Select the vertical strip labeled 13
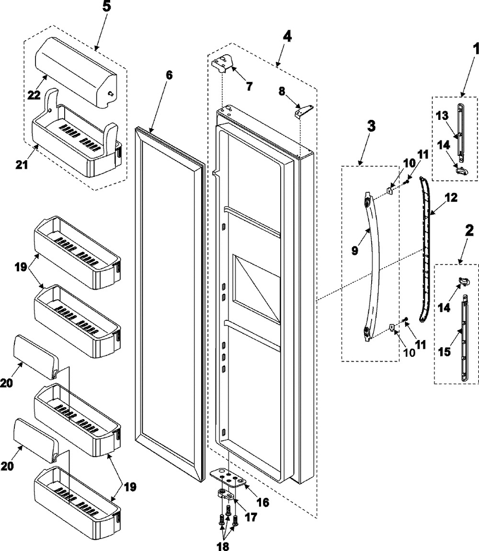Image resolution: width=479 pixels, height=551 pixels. coord(461,129)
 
